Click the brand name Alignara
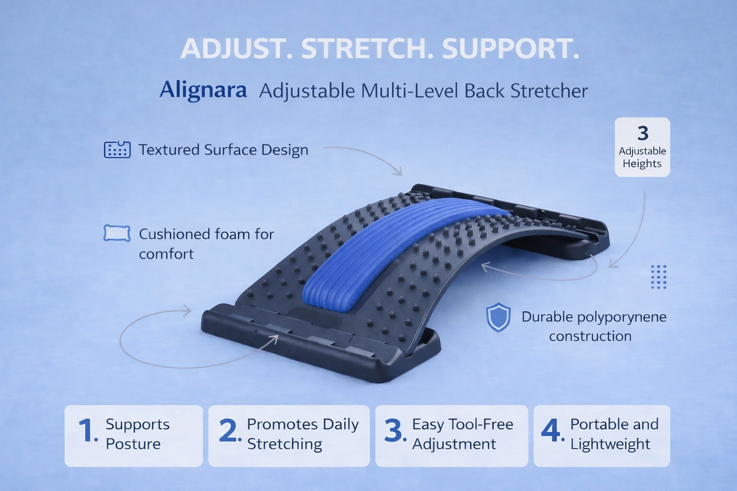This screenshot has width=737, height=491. tap(203, 90)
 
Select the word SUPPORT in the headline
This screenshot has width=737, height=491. tap(511, 49)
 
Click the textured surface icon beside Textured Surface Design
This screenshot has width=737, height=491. tap(117, 150)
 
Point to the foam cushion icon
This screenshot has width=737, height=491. tap(117, 233)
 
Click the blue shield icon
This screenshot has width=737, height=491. tap(498, 318)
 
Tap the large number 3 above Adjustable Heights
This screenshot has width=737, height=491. tap(643, 134)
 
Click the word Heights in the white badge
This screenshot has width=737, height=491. tap(642, 164)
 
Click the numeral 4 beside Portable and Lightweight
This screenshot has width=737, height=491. tap(551, 431)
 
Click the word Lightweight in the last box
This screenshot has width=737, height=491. tap(610, 444)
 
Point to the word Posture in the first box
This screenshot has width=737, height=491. tap(133, 444)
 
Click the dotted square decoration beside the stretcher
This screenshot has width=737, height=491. tap(658, 277)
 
